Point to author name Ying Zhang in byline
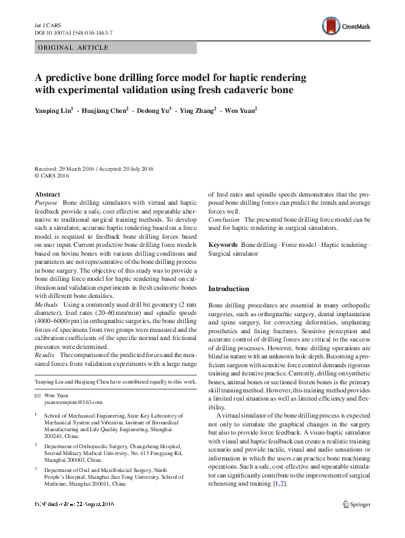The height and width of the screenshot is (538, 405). (x=196, y=110)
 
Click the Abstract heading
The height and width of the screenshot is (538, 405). (x=47, y=194)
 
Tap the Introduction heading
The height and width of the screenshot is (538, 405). (x=229, y=289)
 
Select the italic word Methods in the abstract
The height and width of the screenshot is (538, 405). (x=46, y=305)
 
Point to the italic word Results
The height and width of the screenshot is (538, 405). (x=44, y=356)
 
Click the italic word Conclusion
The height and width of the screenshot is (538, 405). (x=224, y=220)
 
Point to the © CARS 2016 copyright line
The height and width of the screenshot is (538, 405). (x=52, y=175)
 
